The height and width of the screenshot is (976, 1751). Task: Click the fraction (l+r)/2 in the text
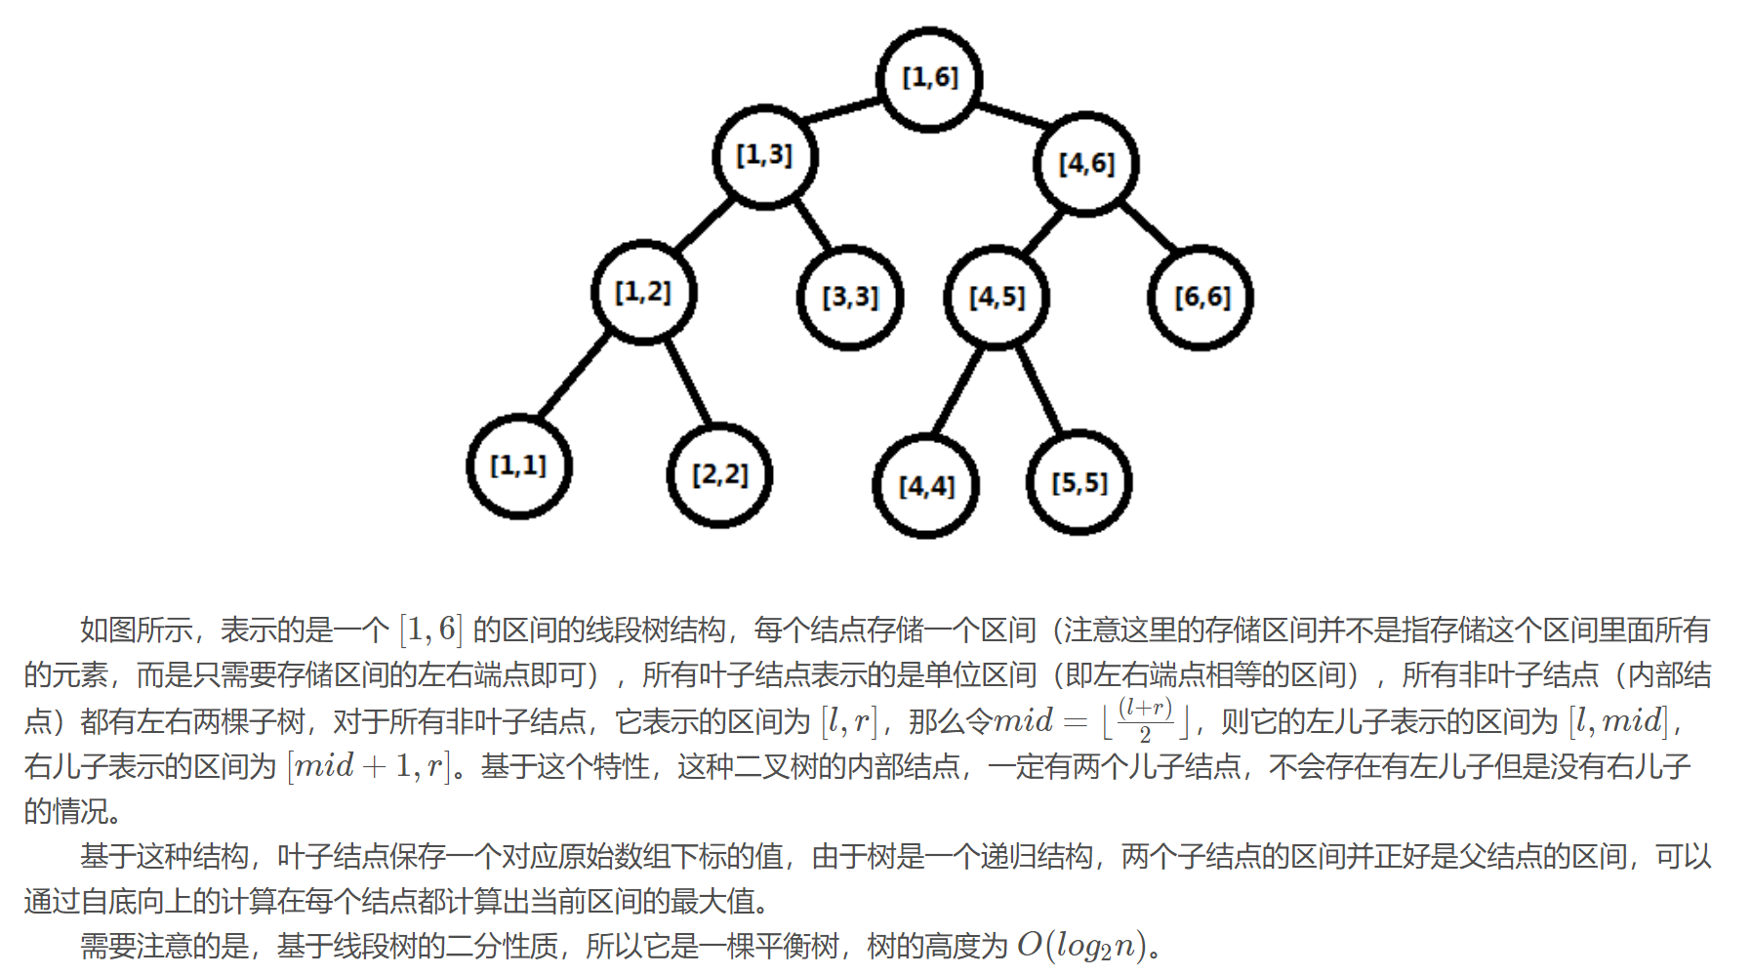(x=1145, y=720)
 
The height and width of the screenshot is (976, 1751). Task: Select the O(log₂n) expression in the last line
(x=1081, y=946)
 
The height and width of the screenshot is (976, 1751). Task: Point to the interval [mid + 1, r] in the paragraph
(x=369, y=766)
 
